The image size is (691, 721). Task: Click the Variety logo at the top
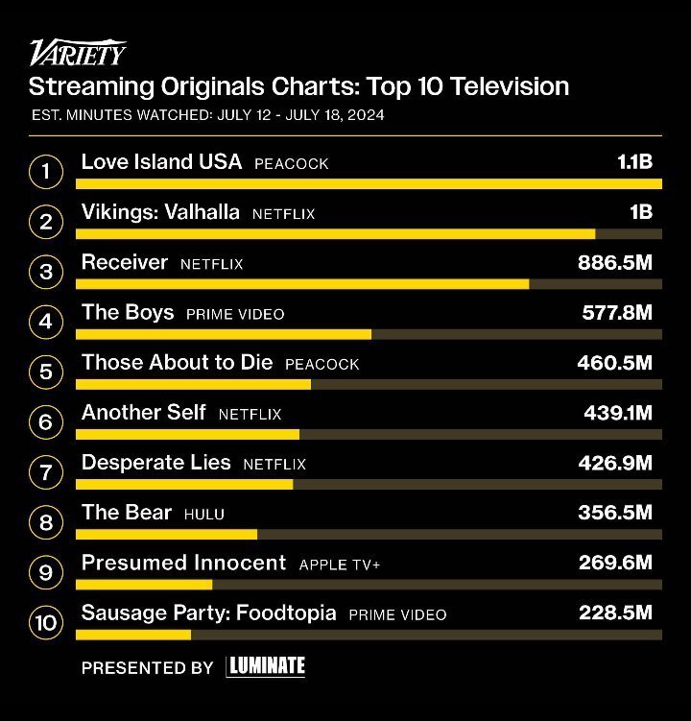77,52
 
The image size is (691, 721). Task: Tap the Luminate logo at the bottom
266,666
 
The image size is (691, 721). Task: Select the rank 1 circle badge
45,173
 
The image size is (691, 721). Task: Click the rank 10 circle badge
45,622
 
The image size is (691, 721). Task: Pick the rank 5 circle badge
45,373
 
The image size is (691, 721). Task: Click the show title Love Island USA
161,162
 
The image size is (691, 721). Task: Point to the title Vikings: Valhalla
160,212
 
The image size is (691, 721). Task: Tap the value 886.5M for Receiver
614,263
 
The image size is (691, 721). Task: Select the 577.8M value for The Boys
617,313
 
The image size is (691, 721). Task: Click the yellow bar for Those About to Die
193,384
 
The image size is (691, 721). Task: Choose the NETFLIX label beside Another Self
250,414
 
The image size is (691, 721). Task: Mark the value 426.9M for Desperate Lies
615,463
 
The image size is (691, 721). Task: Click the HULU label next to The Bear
203,514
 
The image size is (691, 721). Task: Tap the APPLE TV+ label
340,565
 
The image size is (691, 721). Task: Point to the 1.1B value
634,162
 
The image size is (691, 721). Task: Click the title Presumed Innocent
183,563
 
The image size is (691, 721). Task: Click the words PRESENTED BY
147,667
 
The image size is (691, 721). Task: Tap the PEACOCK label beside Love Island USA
291,164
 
